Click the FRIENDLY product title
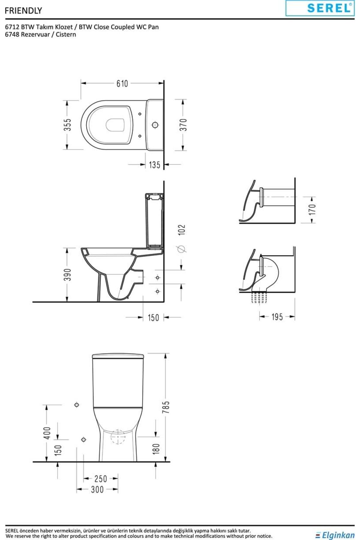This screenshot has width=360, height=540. coord(23,11)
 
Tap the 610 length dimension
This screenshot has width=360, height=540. coord(122,83)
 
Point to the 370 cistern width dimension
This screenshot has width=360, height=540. coord(183,125)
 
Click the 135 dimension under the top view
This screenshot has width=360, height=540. coord(154,165)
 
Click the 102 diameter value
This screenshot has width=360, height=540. coord(182,230)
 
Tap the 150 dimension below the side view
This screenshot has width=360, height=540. coord(153,317)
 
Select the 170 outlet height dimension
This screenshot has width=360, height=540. coord(312,209)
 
